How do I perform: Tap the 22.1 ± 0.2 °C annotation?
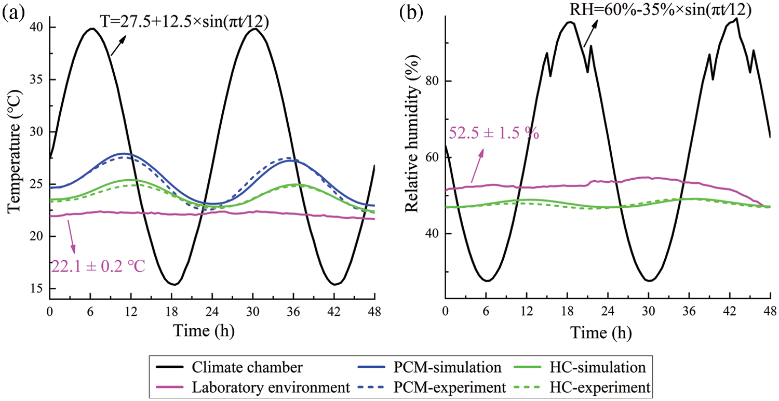97,266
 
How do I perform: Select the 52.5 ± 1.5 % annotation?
493,133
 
